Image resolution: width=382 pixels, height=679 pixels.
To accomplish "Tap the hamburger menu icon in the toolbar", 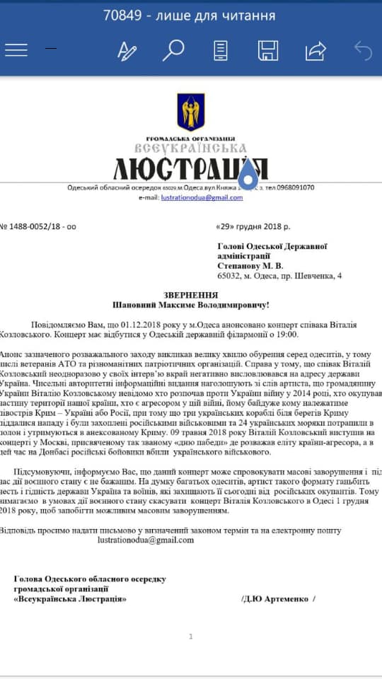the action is point(16,50).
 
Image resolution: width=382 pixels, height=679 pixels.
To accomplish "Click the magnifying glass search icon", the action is point(173,50).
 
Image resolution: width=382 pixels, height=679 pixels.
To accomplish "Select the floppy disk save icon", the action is point(267,50).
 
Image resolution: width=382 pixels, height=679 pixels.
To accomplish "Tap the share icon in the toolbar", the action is point(315,50).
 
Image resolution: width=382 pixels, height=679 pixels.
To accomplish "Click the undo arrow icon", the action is point(362,50).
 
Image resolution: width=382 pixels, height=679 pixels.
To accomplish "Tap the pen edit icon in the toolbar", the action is point(127,50).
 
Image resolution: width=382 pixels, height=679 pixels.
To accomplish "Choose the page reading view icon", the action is point(221,50).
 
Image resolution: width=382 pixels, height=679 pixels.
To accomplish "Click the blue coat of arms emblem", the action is point(190,112).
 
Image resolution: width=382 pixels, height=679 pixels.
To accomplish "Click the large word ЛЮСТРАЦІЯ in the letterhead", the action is point(190,169).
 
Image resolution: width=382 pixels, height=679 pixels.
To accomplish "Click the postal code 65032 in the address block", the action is point(230,275).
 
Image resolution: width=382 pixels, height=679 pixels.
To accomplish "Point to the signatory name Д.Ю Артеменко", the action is point(278,599).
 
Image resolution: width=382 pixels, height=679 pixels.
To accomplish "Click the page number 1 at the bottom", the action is point(190,637).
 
